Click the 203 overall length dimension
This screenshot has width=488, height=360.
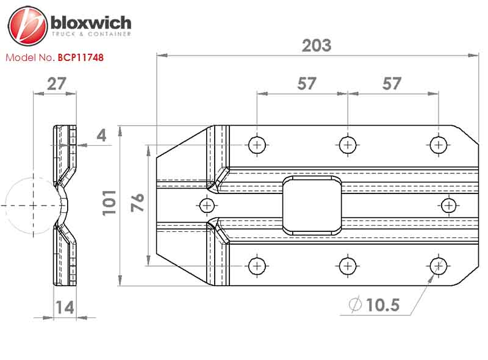317,46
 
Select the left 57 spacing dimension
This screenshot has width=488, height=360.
307,84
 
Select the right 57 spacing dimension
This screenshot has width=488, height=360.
392,84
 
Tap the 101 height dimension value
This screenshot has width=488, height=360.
109,203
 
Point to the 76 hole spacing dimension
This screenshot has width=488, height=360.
137,203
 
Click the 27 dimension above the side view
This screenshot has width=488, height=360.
57,84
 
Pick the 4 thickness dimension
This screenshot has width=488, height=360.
101,135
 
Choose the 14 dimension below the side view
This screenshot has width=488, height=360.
65,308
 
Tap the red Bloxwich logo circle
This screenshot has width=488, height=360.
27,26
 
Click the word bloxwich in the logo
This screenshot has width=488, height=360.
91,23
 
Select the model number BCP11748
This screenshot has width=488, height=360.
81,57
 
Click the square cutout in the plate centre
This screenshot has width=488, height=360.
312,206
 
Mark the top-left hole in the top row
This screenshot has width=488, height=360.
257,145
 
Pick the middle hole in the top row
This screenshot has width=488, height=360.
348,145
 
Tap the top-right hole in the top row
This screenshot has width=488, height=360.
438,145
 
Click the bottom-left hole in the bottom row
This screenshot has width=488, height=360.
257,266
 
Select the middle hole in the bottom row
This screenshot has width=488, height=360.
348,266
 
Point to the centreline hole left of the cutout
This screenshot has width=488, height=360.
207,206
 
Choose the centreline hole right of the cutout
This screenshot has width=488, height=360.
449,206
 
